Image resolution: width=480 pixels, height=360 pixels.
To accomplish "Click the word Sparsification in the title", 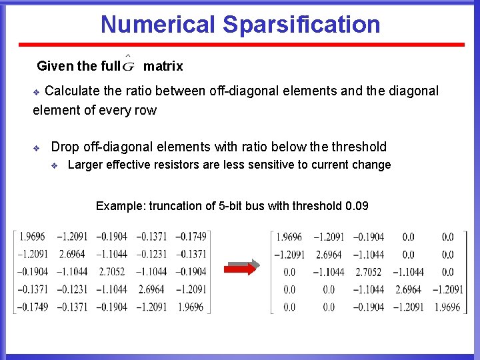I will click(x=302, y=25).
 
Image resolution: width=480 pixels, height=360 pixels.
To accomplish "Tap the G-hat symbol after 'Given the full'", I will click(x=129, y=65).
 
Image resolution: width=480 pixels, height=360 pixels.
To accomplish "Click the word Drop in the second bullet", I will click(x=65, y=147).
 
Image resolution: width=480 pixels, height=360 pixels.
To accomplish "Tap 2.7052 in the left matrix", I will click(x=111, y=272).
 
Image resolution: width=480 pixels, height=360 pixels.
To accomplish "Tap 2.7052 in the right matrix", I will click(x=368, y=272).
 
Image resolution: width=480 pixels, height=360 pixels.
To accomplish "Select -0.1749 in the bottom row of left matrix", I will click(x=32, y=307).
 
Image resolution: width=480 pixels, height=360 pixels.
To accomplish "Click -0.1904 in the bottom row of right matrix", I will click(x=368, y=307).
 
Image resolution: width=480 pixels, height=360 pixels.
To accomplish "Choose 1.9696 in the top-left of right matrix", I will click(x=289, y=237).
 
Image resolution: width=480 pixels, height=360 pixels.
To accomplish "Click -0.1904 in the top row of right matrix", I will click(x=368, y=237).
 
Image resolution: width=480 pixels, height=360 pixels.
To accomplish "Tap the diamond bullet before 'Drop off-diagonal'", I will click(x=37, y=147).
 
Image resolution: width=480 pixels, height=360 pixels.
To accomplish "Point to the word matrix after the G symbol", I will click(x=163, y=66).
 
